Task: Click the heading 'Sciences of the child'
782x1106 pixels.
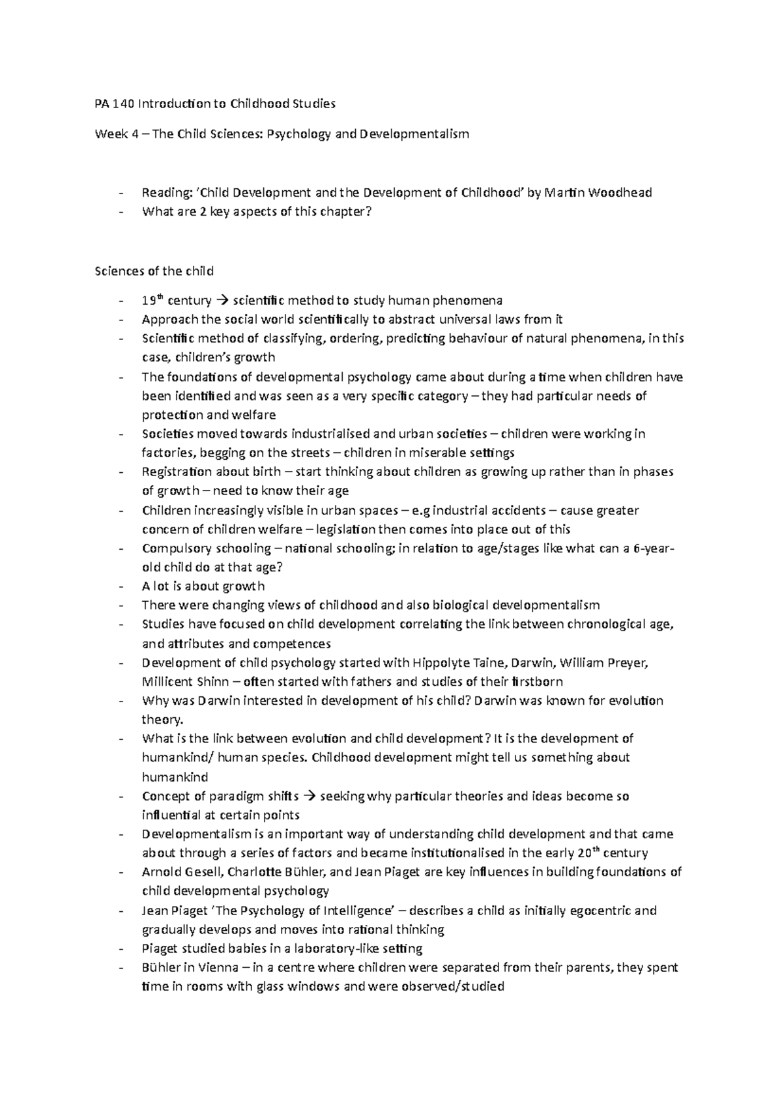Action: (154, 271)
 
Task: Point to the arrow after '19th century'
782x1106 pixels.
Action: (221, 301)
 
